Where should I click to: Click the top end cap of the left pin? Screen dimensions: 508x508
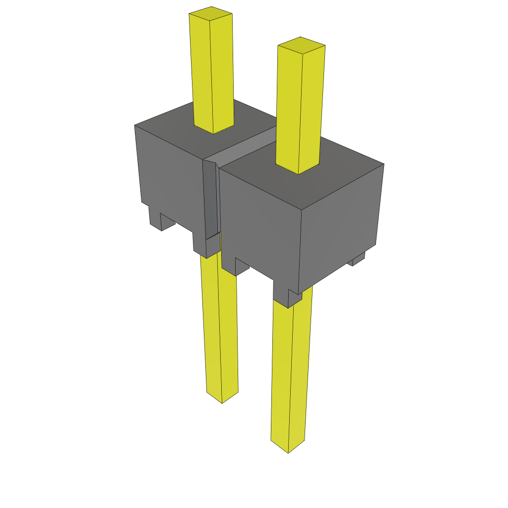(211, 12)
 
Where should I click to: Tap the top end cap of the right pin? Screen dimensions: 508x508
(301, 44)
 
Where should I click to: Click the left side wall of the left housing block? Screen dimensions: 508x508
(169, 179)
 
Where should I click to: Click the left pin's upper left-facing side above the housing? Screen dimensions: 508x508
(201, 69)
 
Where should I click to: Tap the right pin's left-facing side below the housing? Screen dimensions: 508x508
(281, 372)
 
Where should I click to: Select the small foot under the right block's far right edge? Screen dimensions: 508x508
(358, 258)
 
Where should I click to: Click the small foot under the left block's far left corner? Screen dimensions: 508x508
(155, 218)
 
